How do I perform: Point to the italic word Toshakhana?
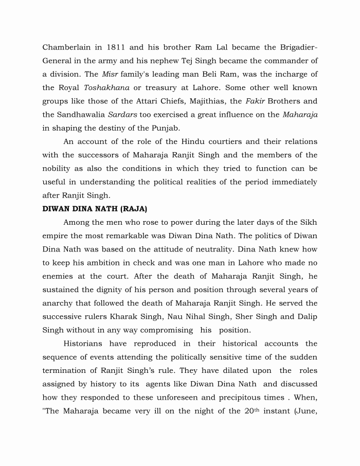coord(105,88)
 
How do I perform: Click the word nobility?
coord(57,169)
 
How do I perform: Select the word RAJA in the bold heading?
coord(133,209)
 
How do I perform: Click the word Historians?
coord(83,344)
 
